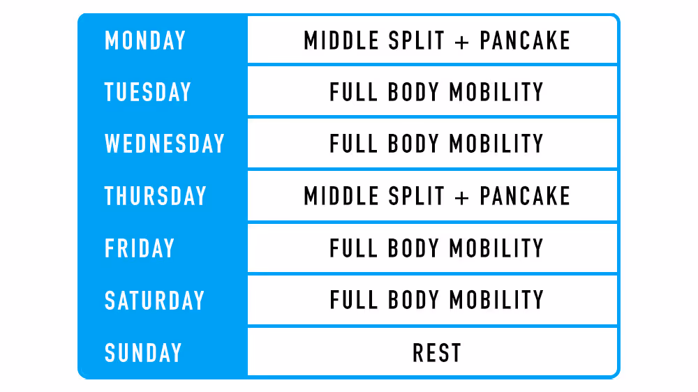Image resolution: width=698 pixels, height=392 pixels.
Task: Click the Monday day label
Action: click(x=145, y=40)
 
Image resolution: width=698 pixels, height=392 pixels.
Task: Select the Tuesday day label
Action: click(x=148, y=92)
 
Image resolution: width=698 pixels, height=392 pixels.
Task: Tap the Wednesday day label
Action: click(x=165, y=144)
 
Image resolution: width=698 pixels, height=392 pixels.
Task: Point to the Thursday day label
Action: click(x=156, y=196)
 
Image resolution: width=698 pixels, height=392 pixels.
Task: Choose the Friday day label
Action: click(x=140, y=248)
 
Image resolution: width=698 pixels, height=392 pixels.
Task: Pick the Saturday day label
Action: click(x=155, y=301)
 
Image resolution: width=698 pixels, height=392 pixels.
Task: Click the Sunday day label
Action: click(x=143, y=353)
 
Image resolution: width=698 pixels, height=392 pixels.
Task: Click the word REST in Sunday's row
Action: click(x=437, y=353)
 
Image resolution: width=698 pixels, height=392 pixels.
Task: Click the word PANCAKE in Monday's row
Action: click(x=525, y=40)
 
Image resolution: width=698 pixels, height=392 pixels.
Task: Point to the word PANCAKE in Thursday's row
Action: click(x=525, y=196)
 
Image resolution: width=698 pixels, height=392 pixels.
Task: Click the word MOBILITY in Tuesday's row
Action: click(x=496, y=92)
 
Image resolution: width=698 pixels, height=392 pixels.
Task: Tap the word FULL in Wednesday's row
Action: click(x=353, y=144)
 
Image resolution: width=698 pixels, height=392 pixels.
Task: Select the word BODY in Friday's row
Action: click(x=413, y=248)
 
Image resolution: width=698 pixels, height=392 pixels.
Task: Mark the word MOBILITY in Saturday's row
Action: click(x=496, y=301)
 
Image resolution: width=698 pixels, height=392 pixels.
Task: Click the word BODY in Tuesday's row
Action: click(x=413, y=92)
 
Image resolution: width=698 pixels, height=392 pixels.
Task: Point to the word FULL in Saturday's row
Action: click(x=353, y=301)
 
